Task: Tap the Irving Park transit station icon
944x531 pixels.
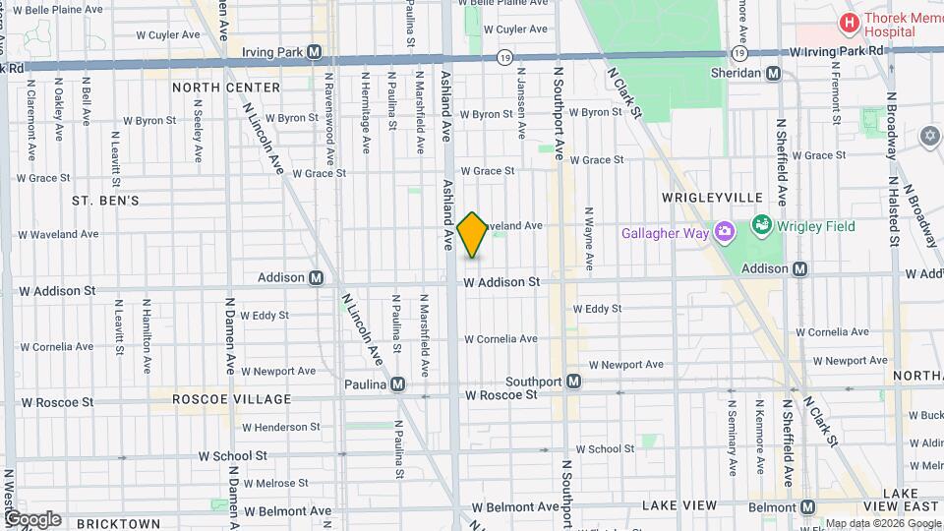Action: (x=315, y=52)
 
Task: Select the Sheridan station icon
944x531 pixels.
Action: (x=774, y=73)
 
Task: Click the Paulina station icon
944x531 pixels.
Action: (x=397, y=384)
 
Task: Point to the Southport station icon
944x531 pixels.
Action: (x=573, y=381)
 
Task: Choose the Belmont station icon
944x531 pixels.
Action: (x=808, y=506)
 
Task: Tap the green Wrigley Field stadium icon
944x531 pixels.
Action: (x=760, y=226)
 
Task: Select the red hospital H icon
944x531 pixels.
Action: (x=846, y=22)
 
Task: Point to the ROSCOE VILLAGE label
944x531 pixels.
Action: (x=232, y=400)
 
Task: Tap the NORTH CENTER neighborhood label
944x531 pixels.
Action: (x=225, y=88)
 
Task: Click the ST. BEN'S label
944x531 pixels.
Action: (x=105, y=201)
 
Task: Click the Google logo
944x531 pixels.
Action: (x=31, y=518)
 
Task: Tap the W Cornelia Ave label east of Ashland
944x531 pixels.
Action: (x=501, y=339)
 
